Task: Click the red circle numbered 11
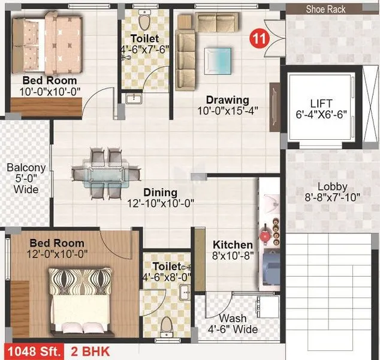259,37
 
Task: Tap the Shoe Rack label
325,9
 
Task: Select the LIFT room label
324,104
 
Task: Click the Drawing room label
227,100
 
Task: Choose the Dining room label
160,193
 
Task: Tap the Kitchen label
233,245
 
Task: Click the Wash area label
232,319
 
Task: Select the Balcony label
26,168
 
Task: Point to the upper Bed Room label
50,80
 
